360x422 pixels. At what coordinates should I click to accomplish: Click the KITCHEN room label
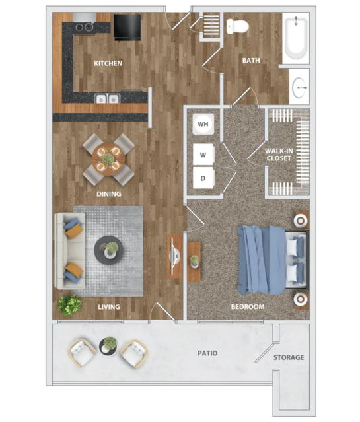[108, 63]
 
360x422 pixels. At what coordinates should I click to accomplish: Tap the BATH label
[251, 61]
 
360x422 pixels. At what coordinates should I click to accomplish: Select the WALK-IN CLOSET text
[279, 155]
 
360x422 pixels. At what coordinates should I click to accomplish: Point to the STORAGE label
[289, 357]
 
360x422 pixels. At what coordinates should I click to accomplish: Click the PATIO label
[207, 353]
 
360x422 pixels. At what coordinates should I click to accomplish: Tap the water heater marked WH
[203, 124]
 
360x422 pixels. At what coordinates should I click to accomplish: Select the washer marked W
[203, 155]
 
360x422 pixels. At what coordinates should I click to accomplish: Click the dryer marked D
[203, 178]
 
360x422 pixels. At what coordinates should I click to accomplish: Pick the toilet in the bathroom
[237, 26]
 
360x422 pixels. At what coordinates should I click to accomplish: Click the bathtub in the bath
[296, 38]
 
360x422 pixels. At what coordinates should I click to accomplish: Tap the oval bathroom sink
[299, 88]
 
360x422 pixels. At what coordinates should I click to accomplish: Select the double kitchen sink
[107, 98]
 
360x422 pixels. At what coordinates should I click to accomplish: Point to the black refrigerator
[127, 27]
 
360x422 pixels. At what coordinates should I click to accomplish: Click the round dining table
[108, 159]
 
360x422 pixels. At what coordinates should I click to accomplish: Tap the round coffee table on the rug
[108, 250]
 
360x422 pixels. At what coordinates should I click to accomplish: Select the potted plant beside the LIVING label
[69, 305]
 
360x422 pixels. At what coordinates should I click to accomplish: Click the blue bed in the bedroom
[273, 260]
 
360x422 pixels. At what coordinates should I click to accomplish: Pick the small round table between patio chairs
[108, 346]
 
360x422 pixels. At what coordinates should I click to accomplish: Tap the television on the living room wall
[174, 256]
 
